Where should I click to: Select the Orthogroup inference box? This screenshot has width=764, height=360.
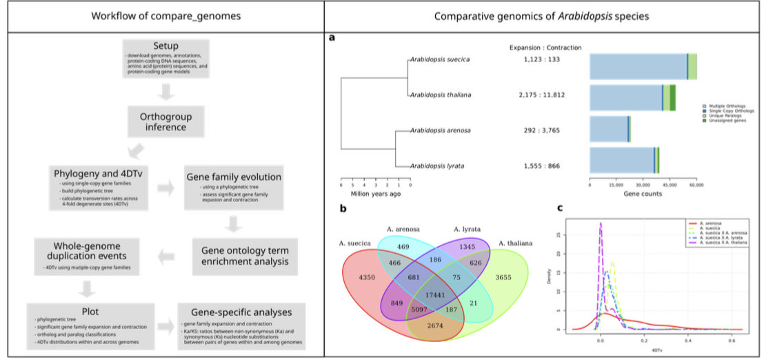coord(165,122)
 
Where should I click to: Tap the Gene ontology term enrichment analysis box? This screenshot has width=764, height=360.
coord(234,254)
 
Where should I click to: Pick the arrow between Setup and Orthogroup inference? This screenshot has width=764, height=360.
coord(165,92)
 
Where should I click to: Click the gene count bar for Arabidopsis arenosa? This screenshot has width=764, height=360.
coord(610,129)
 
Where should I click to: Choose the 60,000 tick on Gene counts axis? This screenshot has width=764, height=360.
coord(696,186)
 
